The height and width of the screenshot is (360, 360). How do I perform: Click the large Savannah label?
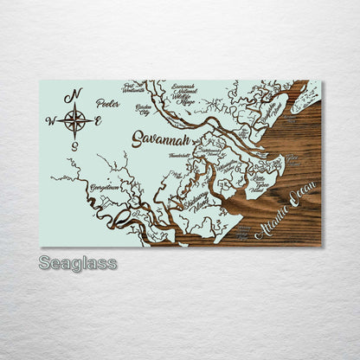[160, 138]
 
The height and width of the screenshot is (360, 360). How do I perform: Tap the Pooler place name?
[108, 103]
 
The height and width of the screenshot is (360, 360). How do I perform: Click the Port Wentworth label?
[133, 87]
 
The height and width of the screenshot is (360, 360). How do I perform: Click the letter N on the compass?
[76, 93]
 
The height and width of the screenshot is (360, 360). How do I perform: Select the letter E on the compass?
[98, 121]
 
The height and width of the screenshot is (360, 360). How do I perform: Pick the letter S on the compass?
[74, 146]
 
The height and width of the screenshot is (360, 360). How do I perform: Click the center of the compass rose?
[74, 120]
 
